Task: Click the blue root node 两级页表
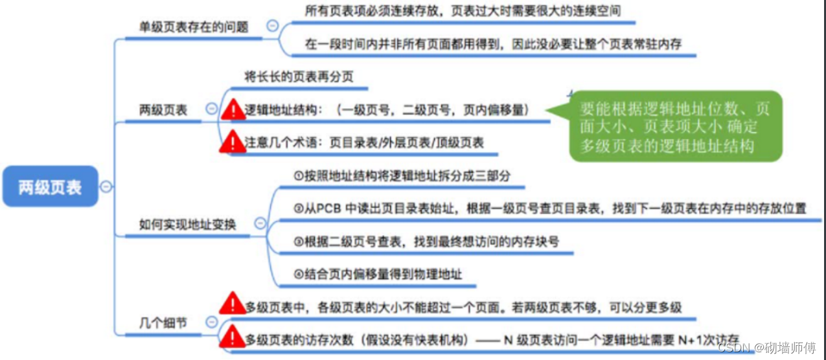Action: [x=50, y=186]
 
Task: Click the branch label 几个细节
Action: [x=163, y=322]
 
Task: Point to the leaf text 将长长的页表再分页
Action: [x=299, y=76]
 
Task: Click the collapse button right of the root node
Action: [x=106, y=186]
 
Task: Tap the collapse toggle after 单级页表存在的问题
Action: [x=273, y=27]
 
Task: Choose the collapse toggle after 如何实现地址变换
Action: [x=260, y=224]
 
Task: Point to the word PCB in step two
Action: [x=323, y=208]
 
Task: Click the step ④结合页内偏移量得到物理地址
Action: [x=378, y=274]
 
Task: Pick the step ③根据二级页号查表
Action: [x=426, y=242]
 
